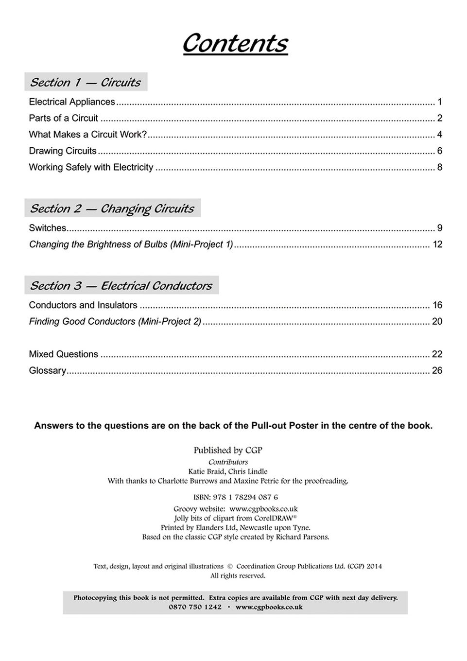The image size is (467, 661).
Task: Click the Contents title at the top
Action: pos(235,43)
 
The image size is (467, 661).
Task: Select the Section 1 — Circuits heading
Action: pos(86,82)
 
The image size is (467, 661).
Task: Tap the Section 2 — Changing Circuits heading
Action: pos(112,209)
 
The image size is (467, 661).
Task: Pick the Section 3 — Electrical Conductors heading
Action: pos(121,286)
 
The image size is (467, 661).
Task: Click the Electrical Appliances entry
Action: pos(72,102)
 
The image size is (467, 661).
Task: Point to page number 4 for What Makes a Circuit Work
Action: pos(439,135)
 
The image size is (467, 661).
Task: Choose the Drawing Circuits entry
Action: pos(63,151)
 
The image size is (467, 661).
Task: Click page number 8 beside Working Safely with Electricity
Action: pos(439,167)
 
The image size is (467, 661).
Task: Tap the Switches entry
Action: pos(48,228)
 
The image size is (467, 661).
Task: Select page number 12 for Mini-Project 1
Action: pos(437,244)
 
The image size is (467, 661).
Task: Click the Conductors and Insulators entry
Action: pos(83,305)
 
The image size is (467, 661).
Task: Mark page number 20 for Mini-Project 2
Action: pos(437,322)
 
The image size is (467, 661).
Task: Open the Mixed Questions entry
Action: pos(64,354)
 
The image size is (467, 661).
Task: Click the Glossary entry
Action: pos(48,371)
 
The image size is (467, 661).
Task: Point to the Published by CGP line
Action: pos(228,451)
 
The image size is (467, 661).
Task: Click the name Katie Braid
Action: pos(206,471)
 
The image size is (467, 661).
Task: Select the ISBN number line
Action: pos(236,497)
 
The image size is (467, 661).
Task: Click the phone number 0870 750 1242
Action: pos(195,607)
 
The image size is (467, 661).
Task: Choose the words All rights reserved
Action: pos(238,576)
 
